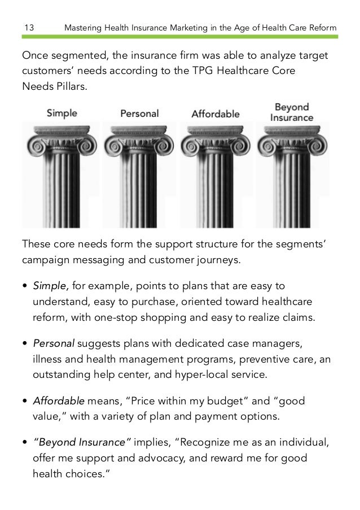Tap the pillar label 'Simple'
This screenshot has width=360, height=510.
point(62,112)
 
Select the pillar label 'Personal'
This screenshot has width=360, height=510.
point(139,113)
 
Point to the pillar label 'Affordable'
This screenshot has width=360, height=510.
point(216,113)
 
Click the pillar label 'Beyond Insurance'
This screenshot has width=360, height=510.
point(292,112)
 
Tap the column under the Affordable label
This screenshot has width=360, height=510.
point(216,175)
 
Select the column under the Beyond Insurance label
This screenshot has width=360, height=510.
point(292,175)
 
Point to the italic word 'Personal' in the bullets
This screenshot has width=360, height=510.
point(54,343)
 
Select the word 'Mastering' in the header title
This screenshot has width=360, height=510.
point(84,28)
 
